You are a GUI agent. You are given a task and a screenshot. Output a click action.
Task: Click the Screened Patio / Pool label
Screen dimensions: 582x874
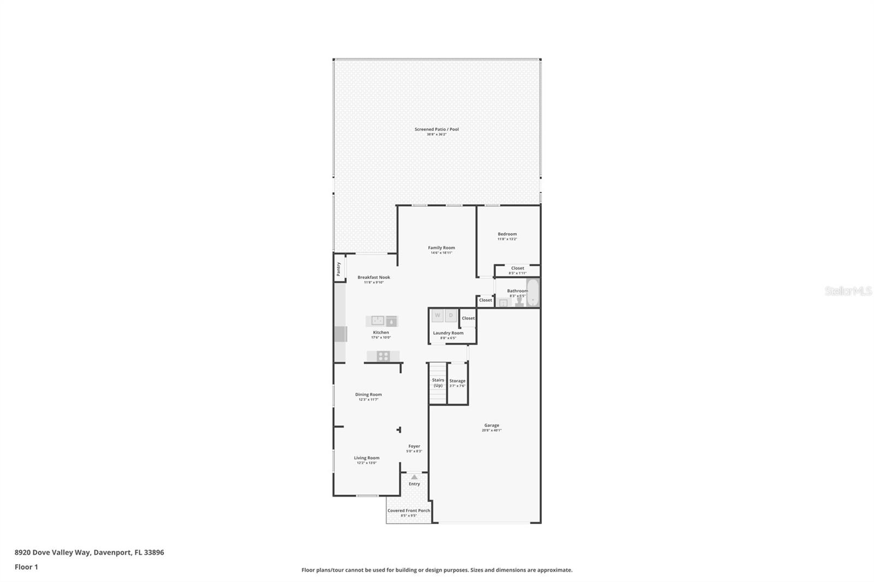point(436,129)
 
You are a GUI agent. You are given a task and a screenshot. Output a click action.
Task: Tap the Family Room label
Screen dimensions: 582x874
point(441,248)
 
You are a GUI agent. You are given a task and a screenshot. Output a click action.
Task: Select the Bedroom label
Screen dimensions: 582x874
point(507,234)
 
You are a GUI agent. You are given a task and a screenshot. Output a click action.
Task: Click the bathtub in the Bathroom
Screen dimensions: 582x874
point(533,293)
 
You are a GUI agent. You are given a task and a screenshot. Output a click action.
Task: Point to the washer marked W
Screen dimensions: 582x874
point(438,316)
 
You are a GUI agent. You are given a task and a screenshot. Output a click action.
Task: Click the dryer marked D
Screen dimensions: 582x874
point(451,316)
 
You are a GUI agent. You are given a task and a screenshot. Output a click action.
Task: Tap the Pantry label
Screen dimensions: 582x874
point(339,269)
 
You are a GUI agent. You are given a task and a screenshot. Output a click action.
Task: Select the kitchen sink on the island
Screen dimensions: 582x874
point(378,320)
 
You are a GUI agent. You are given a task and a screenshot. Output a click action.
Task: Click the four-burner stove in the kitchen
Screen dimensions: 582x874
point(383,357)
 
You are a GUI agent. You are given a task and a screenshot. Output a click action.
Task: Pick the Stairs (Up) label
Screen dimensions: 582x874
point(438,383)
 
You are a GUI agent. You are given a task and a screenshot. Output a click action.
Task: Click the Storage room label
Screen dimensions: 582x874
point(457,381)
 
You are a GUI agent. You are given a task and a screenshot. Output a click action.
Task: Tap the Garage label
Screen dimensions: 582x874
point(492,425)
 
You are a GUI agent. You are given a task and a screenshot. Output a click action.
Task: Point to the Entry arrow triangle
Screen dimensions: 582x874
point(414,477)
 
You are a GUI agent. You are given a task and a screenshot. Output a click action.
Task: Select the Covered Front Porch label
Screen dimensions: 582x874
point(409,510)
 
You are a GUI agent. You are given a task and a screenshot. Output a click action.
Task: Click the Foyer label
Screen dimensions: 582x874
point(414,446)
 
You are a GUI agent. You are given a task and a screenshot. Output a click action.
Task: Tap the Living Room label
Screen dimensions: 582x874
point(367,458)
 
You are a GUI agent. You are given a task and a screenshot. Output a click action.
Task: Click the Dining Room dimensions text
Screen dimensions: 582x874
point(368,400)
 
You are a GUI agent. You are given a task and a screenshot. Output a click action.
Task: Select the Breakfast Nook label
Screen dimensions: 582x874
point(374,277)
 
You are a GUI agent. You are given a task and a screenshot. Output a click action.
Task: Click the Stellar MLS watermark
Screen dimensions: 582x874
point(848,292)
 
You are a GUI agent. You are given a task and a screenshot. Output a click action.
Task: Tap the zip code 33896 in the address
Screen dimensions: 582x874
point(154,553)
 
